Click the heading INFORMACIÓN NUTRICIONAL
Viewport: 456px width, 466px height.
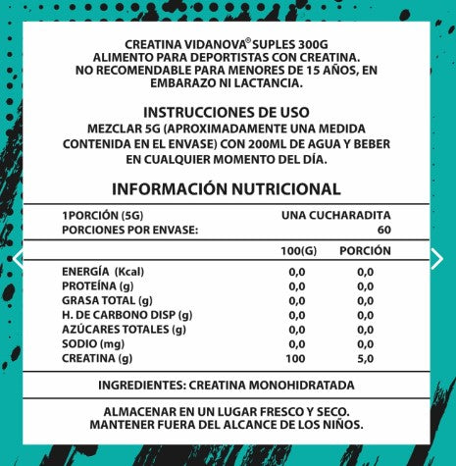pyautogui.click(x=227, y=189)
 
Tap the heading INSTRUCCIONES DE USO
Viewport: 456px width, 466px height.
pyautogui.click(x=227, y=113)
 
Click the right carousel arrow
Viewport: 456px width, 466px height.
pyautogui.click(x=437, y=258)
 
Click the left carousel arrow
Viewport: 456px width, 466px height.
pyautogui.click(x=17, y=258)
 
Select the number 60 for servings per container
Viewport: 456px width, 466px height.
pyautogui.click(x=383, y=229)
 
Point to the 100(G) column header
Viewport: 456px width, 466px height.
pyautogui.click(x=298, y=250)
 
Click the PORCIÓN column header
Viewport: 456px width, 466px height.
pyautogui.click(x=365, y=250)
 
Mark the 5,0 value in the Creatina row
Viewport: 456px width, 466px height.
pyautogui.click(x=365, y=358)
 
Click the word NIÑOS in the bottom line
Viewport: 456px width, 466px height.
pyautogui.click(x=337, y=425)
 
